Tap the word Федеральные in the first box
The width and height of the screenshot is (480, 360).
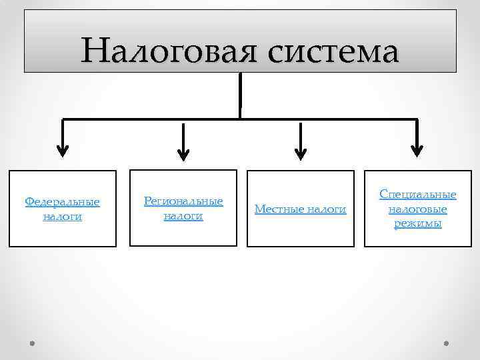pyautogui.click(x=62, y=201)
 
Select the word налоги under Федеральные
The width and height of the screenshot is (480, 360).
pyautogui.click(x=62, y=217)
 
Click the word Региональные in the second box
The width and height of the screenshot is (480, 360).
pyautogui.click(x=183, y=201)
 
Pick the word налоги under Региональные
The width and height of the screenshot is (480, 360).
pyautogui.click(x=183, y=216)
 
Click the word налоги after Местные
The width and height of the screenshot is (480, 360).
pyautogui.click(x=325, y=209)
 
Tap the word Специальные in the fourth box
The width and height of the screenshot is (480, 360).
pyautogui.click(x=418, y=194)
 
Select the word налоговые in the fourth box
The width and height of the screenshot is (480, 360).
pyautogui.click(x=418, y=209)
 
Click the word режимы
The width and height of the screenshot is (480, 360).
pyautogui.click(x=418, y=224)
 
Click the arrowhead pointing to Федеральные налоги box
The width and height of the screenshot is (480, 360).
pyautogui.click(x=62, y=150)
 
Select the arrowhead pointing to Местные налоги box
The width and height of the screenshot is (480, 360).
pyautogui.click(x=301, y=153)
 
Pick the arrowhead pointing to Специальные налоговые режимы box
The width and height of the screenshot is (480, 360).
pyautogui.click(x=417, y=150)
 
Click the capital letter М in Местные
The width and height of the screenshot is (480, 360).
pyautogui.click(x=259, y=209)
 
